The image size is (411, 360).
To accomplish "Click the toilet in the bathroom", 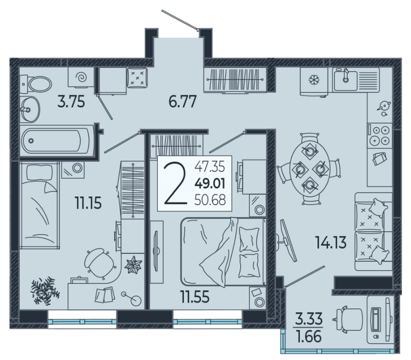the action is click(36, 84).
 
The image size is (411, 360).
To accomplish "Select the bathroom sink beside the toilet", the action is click(29, 109).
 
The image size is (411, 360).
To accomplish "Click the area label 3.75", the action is click(71, 102).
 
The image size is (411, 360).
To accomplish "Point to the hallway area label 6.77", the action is click(182, 102).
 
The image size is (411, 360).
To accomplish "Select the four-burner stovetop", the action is click(380, 135).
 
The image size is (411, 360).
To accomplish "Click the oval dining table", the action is click(309, 169).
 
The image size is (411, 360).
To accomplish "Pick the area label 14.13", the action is click(331, 242).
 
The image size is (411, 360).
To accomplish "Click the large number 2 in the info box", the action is click(175, 184).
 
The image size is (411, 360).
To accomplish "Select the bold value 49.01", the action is click(210, 184).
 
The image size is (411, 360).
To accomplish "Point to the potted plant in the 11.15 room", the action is click(45, 291).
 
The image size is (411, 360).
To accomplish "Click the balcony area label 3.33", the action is click(309, 319).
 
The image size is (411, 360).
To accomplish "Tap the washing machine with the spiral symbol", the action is click(81, 77).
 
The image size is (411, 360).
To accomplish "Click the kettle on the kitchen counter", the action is click(384, 107).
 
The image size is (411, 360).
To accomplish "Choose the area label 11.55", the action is click(195, 297).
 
